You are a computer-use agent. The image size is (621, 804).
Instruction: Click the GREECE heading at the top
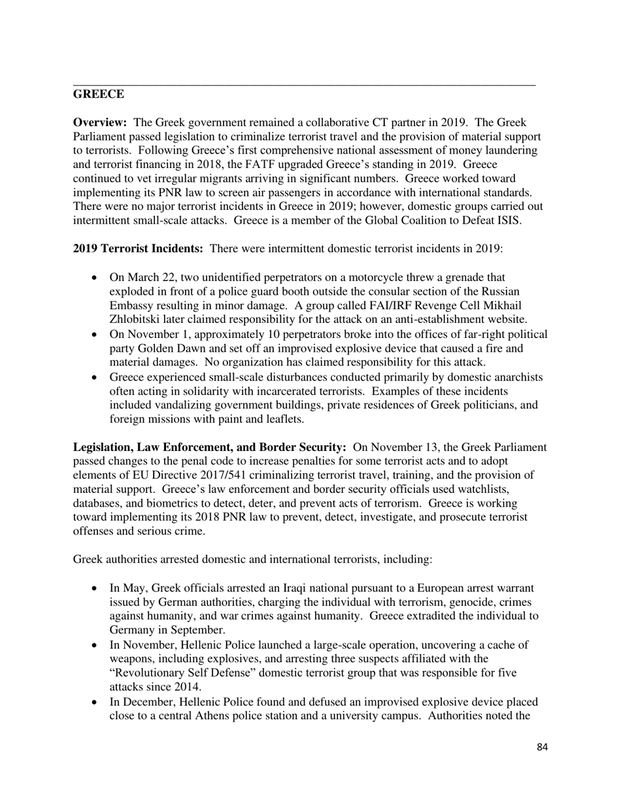point(99,94)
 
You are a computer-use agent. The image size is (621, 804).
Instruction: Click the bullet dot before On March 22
point(95,278)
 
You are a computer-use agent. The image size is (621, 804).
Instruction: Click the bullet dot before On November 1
point(95,335)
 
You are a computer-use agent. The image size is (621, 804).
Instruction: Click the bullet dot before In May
point(95,588)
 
